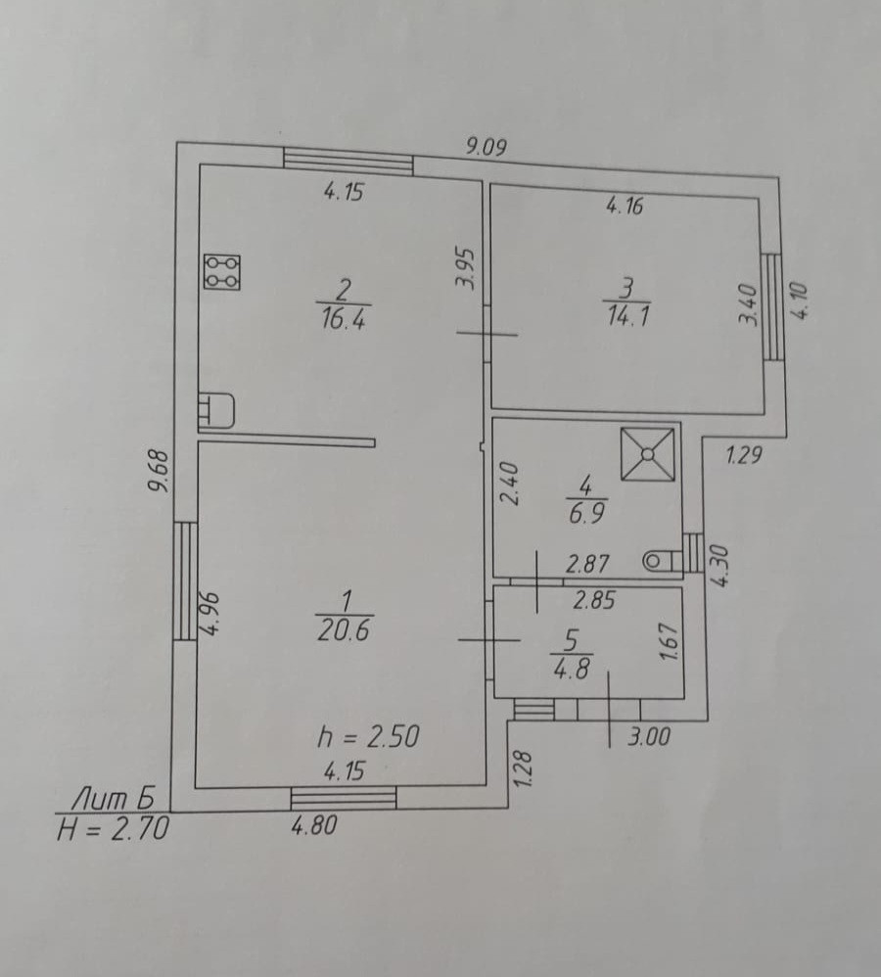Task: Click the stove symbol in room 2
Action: (x=221, y=271)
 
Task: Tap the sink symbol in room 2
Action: (x=217, y=411)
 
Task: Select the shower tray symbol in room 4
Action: (x=648, y=453)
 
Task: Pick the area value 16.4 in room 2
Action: (x=342, y=319)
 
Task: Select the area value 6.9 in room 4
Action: (x=584, y=513)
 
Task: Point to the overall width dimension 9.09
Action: (x=486, y=147)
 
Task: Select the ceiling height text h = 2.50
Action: (x=370, y=735)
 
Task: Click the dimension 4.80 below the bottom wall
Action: (x=313, y=826)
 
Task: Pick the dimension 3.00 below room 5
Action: (x=648, y=737)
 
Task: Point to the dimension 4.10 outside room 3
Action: (x=801, y=300)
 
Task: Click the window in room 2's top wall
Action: (x=348, y=161)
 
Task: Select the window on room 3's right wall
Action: (x=772, y=306)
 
